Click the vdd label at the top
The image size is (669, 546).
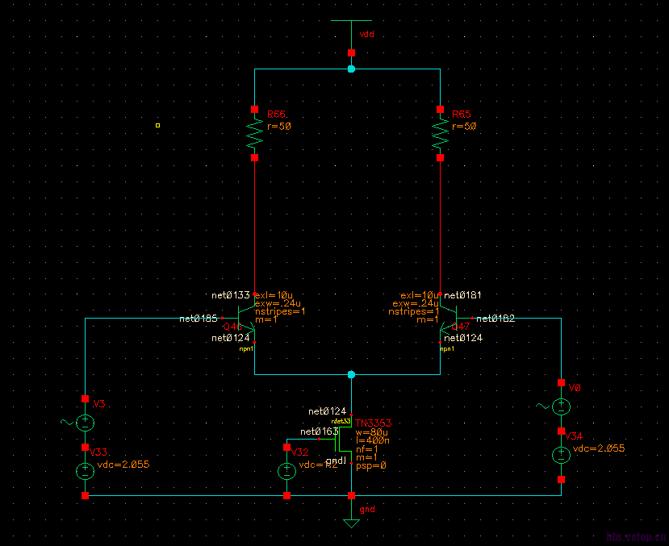[366, 35]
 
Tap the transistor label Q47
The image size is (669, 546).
[461, 327]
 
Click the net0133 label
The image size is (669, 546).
[231, 295]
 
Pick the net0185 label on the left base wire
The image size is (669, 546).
[199, 319]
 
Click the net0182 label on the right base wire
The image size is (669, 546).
[495, 319]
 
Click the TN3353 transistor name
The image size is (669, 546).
[374, 423]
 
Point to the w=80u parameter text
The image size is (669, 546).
[373, 433]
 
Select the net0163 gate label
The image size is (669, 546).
[319, 432]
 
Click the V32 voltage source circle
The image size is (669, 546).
[286, 471]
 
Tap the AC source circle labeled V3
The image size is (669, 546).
[85, 422]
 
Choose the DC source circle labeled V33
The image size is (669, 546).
[85, 472]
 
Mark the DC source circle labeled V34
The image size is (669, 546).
[561, 455]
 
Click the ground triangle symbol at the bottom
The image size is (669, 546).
[351, 523]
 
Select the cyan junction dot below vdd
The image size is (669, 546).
[351, 69]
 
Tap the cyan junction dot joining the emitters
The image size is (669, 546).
[351, 375]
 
